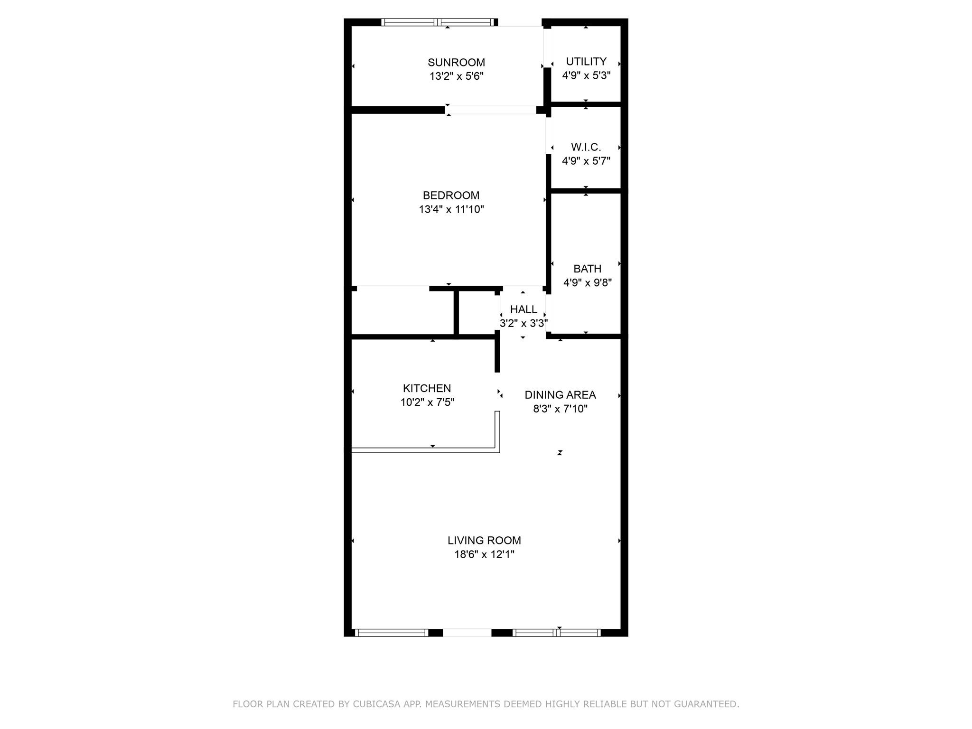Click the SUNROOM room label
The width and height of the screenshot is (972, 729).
pyautogui.click(x=456, y=62)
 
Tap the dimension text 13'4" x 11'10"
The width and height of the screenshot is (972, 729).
pyautogui.click(x=451, y=209)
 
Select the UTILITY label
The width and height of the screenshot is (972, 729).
pyautogui.click(x=586, y=62)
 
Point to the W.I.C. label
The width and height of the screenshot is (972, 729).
pyautogui.click(x=586, y=147)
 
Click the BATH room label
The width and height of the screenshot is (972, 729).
pyautogui.click(x=587, y=269)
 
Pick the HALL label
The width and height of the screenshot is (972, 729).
pyautogui.click(x=523, y=309)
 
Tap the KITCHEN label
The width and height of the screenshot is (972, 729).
pyautogui.click(x=427, y=388)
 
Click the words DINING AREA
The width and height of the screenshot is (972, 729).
pyautogui.click(x=560, y=395)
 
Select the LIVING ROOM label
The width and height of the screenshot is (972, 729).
pyautogui.click(x=484, y=540)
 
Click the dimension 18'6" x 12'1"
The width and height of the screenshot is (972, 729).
pyautogui.click(x=484, y=554)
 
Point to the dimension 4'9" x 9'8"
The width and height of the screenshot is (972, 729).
pyautogui.click(x=587, y=283)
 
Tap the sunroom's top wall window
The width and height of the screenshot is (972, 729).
pyautogui.click(x=438, y=22)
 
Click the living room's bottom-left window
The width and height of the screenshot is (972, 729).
pyautogui.click(x=392, y=633)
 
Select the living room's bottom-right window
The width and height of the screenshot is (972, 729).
pyautogui.click(x=557, y=633)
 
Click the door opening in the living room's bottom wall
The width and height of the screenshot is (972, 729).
pyautogui.click(x=467, y=633)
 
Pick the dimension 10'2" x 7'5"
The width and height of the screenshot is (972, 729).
pyautogui.click(x=427, y=402)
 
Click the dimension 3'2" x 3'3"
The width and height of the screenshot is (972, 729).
pyautogui.click(x=523, y=324)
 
